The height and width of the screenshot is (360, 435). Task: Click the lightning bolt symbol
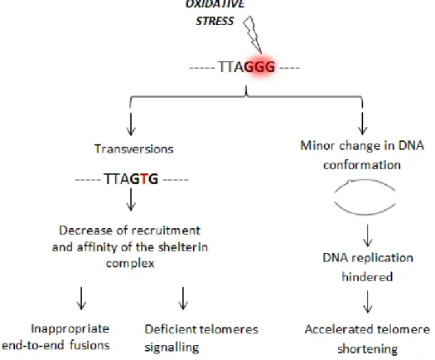(x=253, y=34)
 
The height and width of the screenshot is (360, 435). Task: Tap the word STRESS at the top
(x=215, y=21)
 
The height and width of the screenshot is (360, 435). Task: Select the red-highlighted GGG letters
(x=259, y=67)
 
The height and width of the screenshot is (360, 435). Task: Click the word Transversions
(x=134, y=148)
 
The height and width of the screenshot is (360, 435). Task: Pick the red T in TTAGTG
(x=144, y=178)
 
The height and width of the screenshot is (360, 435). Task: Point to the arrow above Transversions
(x=131, y=124)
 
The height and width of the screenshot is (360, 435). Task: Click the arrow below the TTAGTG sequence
(x=131, y=200)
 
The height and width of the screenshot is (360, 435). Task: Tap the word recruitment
(x=166, y=231)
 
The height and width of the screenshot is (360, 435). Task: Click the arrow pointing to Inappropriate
(x=81, y=299)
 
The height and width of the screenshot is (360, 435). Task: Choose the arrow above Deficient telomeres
(x=183, y=299)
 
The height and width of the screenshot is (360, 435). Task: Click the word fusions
(x=89, y=345)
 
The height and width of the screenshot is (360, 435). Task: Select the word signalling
(x=172, y=348)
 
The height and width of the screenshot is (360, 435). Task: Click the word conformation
(x=362, y=165)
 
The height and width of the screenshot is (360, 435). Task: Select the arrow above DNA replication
(x=368, y=236)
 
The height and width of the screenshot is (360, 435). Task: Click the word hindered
(x=367, y=277)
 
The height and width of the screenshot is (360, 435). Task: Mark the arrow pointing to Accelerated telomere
(x=368, y=302)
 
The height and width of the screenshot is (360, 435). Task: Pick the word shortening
(x=368, y=349)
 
